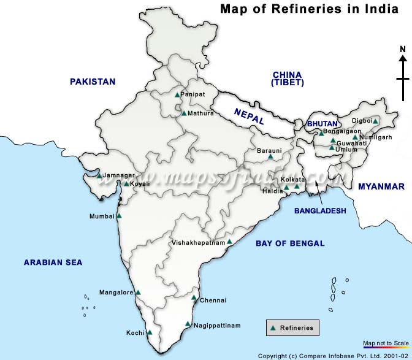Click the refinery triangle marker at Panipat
[177, 94]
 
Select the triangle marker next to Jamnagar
[99, 175]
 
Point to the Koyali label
[140, 183]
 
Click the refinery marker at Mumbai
[119, 216]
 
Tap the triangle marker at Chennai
[194, 299]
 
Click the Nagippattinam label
[217, 325]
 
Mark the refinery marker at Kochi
[150, 332]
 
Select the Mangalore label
[116, 293]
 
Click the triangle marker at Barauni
[270, 157]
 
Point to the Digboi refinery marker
[375, 121]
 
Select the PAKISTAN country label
[93, 82]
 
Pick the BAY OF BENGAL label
[290, 243]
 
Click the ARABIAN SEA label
[53, 262]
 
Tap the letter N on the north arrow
[403, 49]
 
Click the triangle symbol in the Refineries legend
[273, 328]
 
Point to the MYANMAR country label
[381, 186]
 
